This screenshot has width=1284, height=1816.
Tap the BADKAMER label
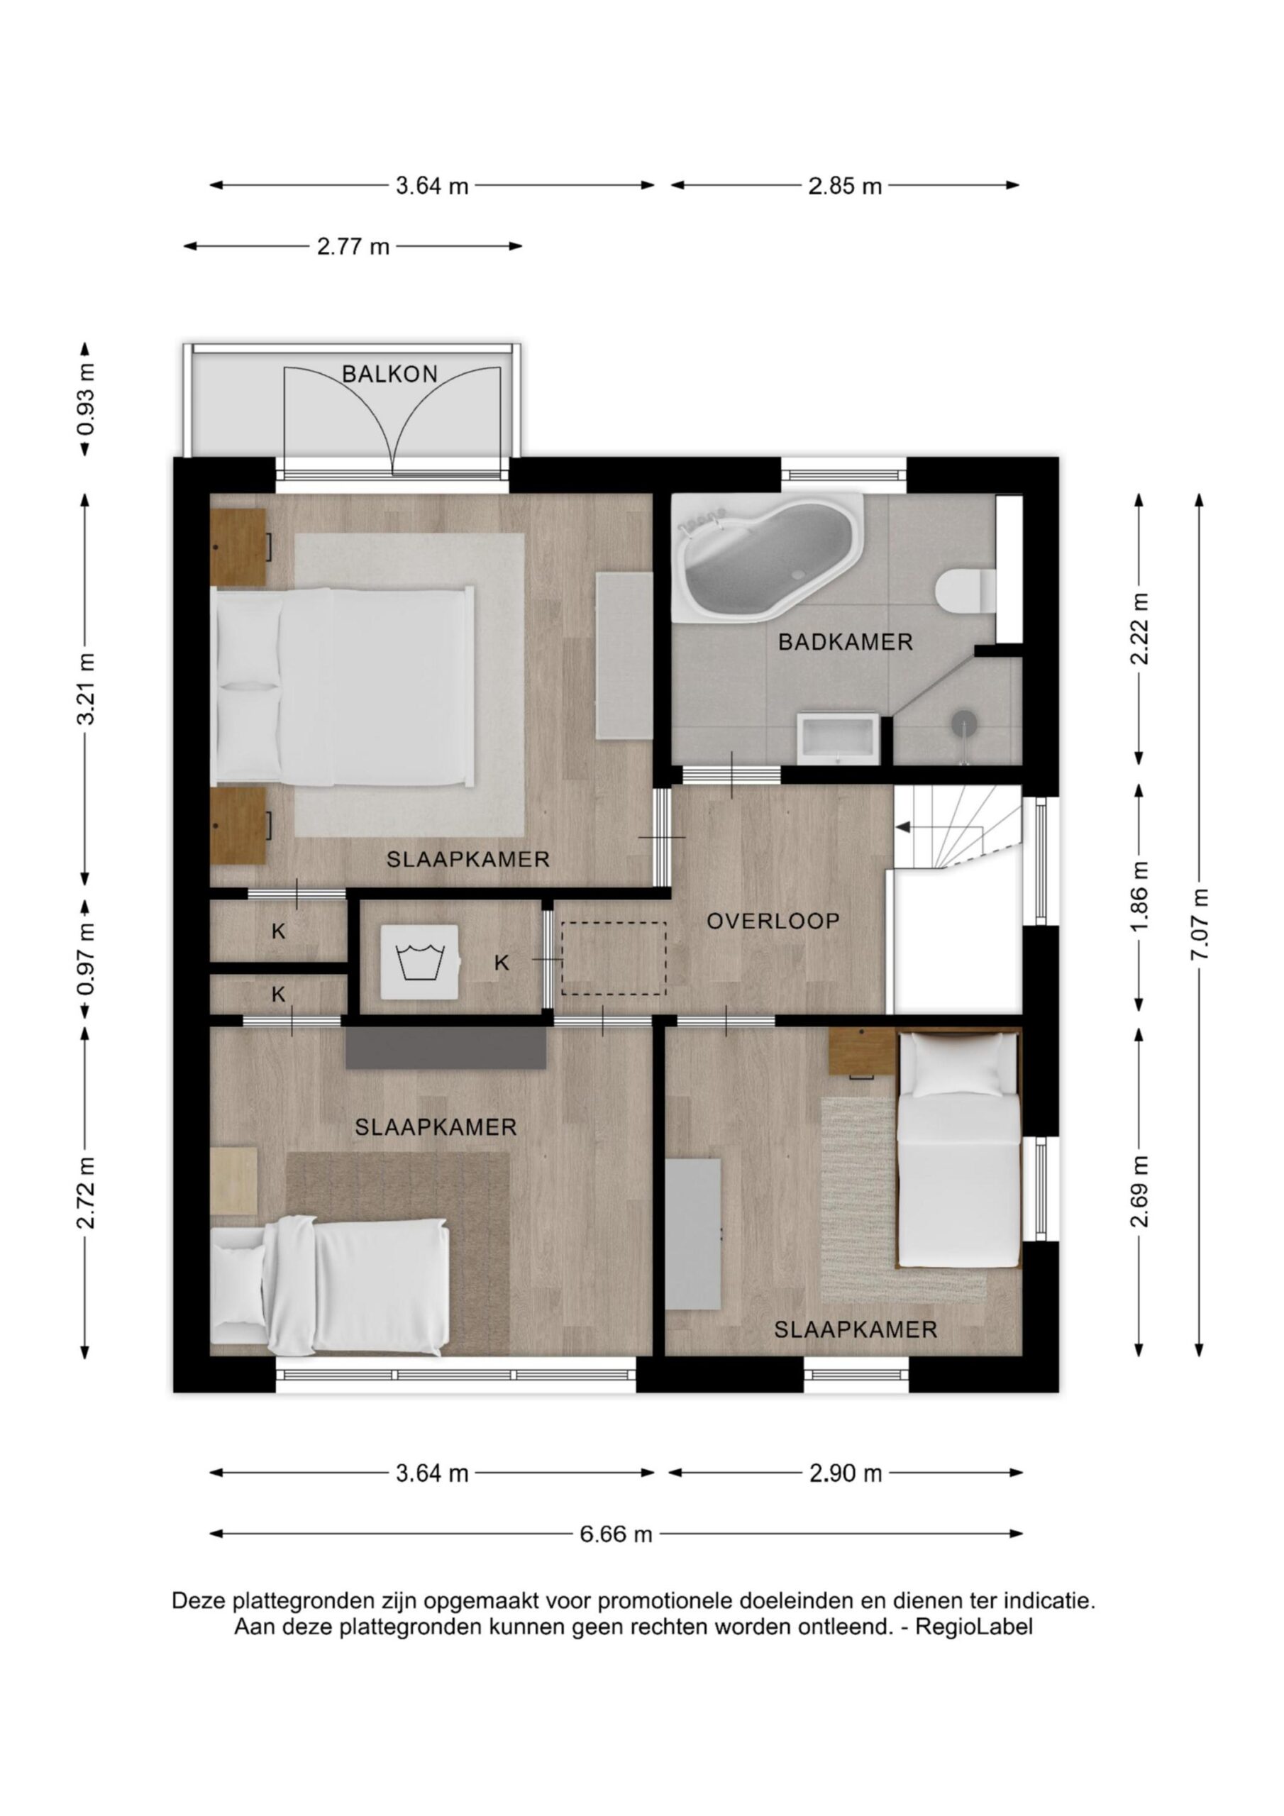[x=846, y=641]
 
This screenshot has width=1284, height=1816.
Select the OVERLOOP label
[x=773, y=921]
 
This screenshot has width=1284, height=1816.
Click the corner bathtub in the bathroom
[x=767, y=557]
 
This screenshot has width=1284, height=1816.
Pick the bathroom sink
[x=838, y=738]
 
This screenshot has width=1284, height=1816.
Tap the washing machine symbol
[x=419, y=962]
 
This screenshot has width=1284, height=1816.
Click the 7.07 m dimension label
[x=1201, y=923]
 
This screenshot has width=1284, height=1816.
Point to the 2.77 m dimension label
[x=354, y=247]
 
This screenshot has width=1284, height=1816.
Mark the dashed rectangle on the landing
[x=614, y=958]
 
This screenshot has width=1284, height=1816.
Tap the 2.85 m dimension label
[x=845, y=187]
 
